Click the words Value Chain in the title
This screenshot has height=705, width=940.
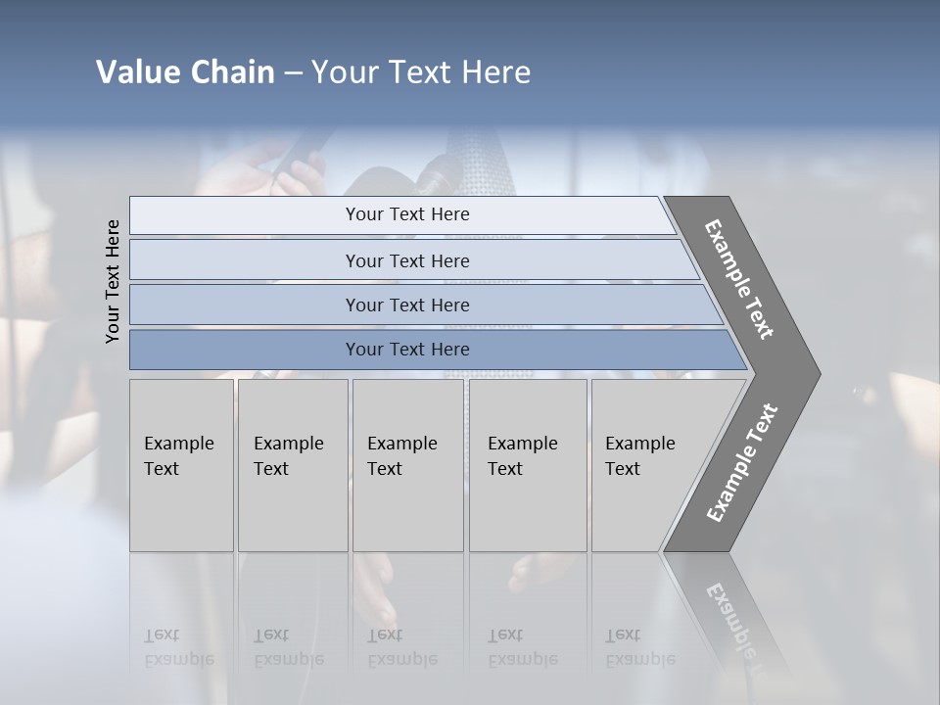(x=185, y=72)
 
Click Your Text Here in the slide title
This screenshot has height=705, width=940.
(x=421, y=72)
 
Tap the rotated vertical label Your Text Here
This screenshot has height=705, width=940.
(x=113, y=281)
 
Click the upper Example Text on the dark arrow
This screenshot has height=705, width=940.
(x=739, y=279)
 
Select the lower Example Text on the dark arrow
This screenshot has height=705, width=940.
(x=741, y=463)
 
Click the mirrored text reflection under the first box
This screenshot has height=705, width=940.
(x=178, y=647)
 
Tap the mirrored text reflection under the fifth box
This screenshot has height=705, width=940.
(x=639, y=647)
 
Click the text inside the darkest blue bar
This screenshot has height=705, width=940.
(x=407, y=350)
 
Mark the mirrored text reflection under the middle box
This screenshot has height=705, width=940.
(x=401, y=647)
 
